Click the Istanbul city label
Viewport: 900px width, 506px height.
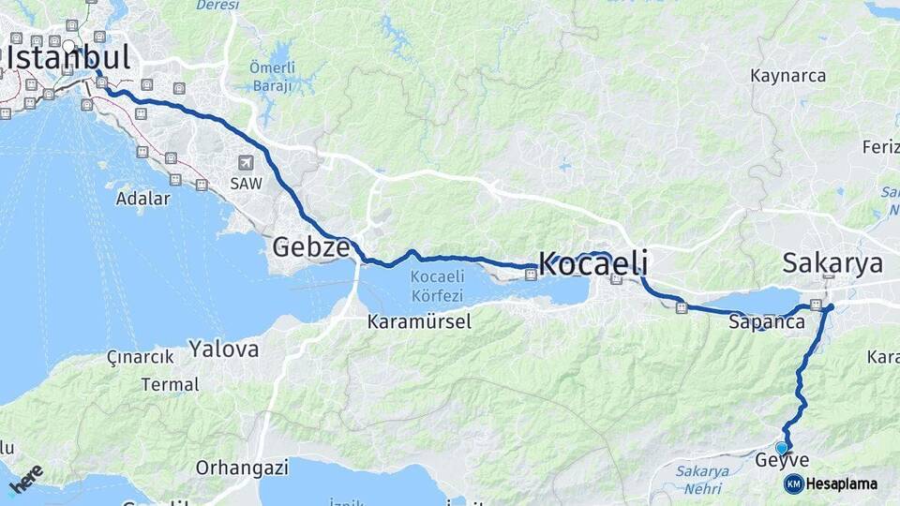click(67, 58)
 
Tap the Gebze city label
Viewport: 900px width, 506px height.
click(311, 247)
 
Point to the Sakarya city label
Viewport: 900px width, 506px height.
click(832, 263)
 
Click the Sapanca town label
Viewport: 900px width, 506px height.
click(766, 321)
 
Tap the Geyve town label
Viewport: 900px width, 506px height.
click(781, 461)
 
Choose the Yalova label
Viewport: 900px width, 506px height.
click(223, 350)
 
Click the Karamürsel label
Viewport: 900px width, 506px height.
click(419, 322)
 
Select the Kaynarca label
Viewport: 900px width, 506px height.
click(787, 75)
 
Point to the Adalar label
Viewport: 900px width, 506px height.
click(142, 199)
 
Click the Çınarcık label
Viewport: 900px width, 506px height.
click(141, 357)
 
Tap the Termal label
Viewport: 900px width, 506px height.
click(170, 384)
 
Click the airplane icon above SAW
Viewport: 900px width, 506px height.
click(246, 162)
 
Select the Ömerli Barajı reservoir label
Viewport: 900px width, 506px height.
click(272, 76)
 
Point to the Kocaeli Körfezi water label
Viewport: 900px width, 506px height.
click(437, 284)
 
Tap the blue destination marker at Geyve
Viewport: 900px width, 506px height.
click(781, 448)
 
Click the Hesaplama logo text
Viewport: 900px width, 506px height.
click(841, 484)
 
